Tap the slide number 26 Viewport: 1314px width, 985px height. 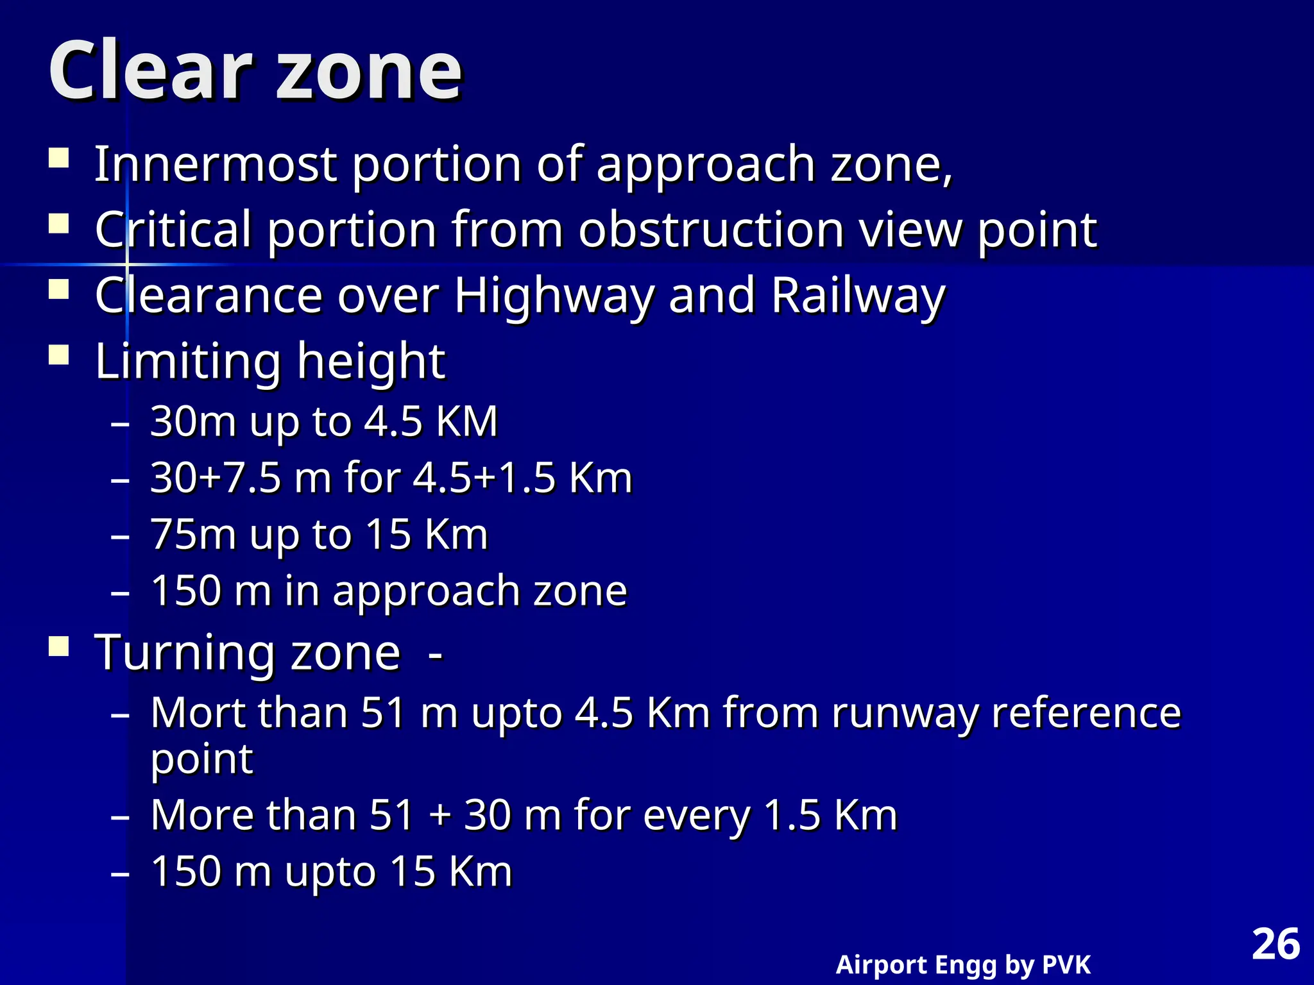point(1276,945)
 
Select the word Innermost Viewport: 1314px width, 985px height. point(216,164)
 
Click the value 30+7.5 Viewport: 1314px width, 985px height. point(216,478)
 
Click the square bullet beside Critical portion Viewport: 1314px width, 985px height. point(59,224)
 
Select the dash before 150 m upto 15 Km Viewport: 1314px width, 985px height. point(120,873)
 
